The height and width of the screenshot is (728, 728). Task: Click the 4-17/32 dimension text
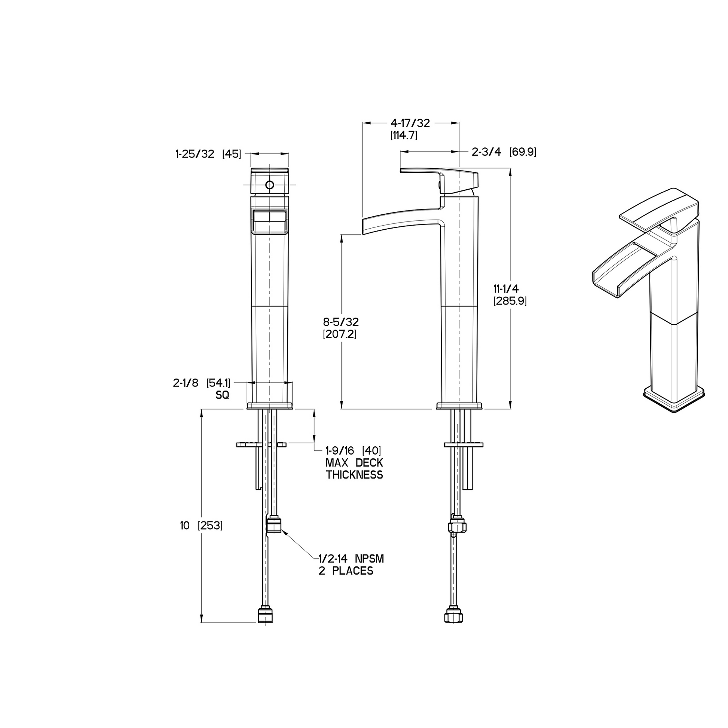tap(410, 123)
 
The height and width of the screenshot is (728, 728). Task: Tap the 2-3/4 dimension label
tap(486, 152)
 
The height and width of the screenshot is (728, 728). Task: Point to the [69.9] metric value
tap(523, 152)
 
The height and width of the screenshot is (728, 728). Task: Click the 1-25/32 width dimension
tap(195, 154)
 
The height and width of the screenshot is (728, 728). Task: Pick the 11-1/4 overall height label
tap(506, 289)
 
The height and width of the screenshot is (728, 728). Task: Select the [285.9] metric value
tap(510, 301)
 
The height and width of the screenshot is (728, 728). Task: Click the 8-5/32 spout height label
tap(341, 322)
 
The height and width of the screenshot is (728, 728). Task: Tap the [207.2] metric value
tap(340, 334)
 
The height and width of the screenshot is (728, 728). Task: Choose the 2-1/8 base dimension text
tap(186, 383)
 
